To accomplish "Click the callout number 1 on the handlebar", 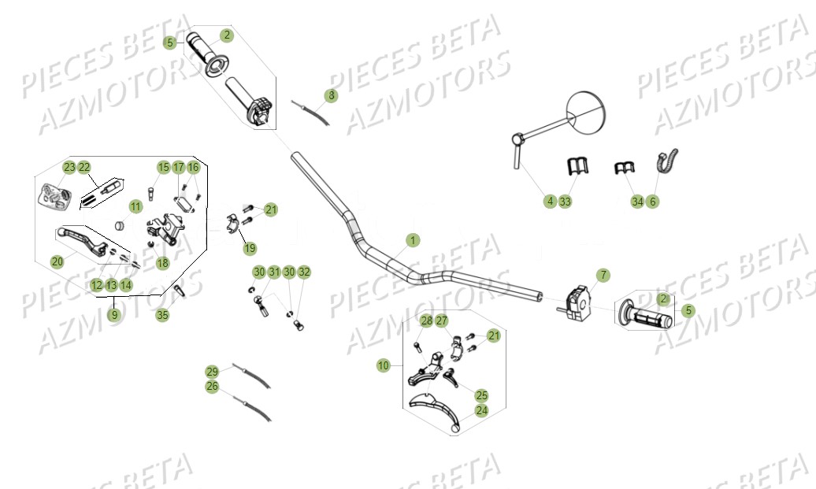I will point(414,239).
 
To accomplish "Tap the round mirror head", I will point(584,112).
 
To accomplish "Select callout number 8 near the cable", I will point(331,95).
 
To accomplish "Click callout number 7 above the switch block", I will point(603,275).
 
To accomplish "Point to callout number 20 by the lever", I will point(57,262).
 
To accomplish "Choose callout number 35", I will point(161,315).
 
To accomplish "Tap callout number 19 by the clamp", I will point(250,249).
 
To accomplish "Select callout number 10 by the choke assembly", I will point(384,365).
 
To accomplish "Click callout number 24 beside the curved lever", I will point(481,410).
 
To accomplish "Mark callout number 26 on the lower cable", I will point(212,387).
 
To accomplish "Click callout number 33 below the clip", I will point(566,202).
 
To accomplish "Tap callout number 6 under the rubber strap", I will point(653,202).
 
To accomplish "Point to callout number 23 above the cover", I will point(69,167).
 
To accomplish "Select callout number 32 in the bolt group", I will point(304,272).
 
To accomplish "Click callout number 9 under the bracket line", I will point(115,315).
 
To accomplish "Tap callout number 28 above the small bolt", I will point(426,320).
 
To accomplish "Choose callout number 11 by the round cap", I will point(135,206).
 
